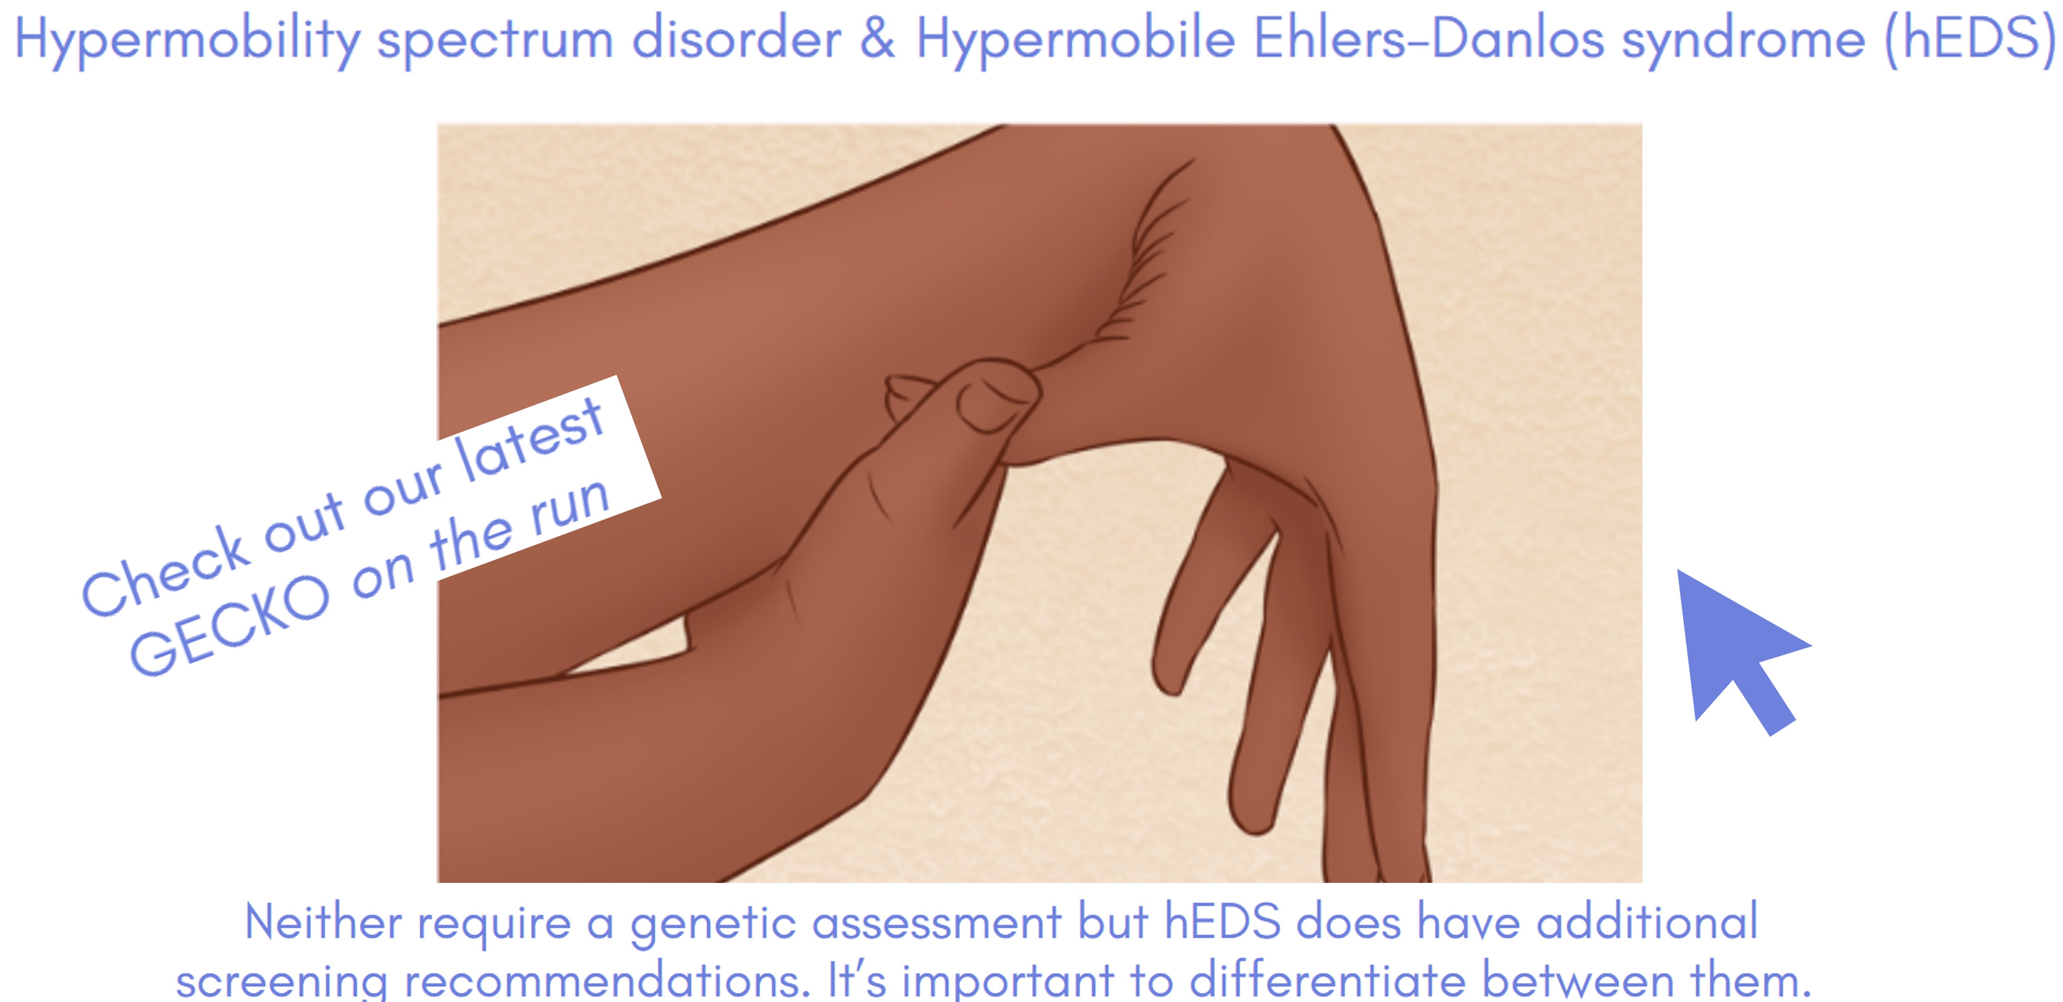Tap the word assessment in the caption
coord(936,923)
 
